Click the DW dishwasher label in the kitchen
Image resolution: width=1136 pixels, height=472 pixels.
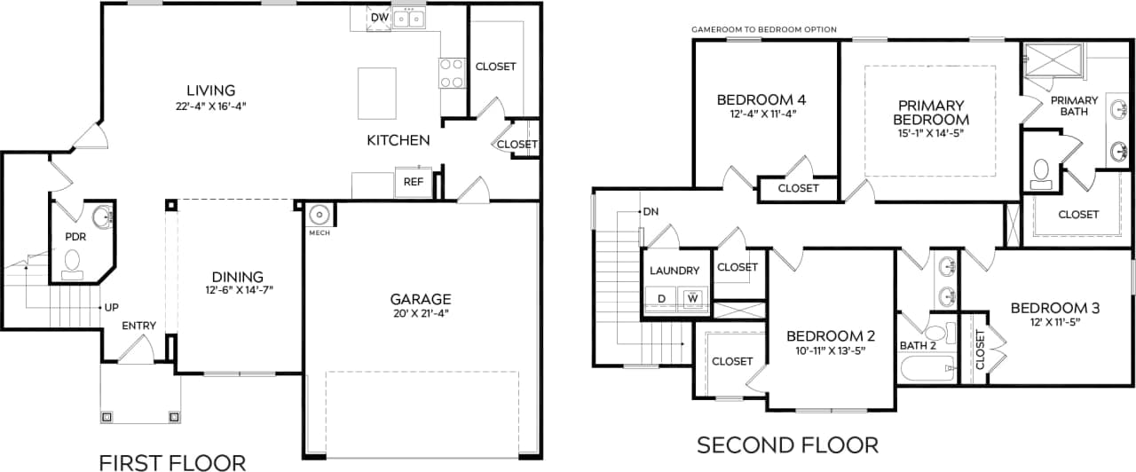[379, 17]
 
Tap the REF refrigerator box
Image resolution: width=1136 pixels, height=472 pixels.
[413, 182]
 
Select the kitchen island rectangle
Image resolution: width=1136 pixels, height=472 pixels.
[377, 93]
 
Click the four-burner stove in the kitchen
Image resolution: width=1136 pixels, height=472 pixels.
[452, 73]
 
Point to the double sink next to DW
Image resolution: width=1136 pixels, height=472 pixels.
[409, 18]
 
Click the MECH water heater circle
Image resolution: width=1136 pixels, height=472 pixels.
[319, 216]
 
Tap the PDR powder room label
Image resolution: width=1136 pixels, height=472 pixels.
[75, 238]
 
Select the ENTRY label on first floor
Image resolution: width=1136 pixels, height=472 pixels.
[139, 326]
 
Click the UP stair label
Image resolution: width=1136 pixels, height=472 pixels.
[111, 307]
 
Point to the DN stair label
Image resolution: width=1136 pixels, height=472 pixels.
[651, 212]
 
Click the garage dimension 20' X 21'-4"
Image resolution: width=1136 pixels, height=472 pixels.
[420, 315]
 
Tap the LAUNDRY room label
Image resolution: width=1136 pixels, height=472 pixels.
[674, 271]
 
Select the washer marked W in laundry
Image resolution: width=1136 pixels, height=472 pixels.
[692, 299]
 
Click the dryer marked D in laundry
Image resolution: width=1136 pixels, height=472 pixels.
[661, 299]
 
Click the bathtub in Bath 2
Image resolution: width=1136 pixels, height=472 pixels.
[925, 368]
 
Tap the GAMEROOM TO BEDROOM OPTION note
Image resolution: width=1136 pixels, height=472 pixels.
[763, 29]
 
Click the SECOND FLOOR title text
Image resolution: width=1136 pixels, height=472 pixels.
[787, 444]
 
